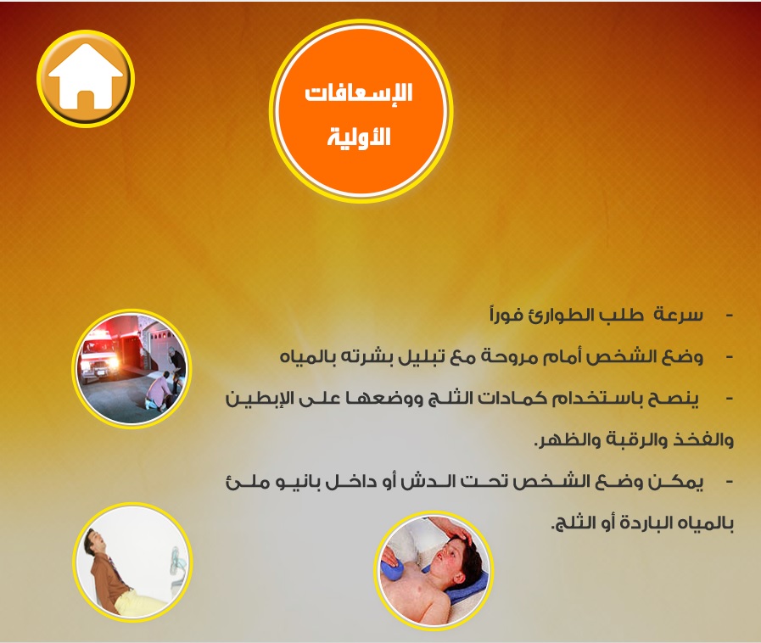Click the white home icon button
[86, 78]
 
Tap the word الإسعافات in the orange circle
[359, 92]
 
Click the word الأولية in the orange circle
[359, 137]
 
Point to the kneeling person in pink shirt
[158, 389]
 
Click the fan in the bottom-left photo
[176, 564]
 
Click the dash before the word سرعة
[729, 316]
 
